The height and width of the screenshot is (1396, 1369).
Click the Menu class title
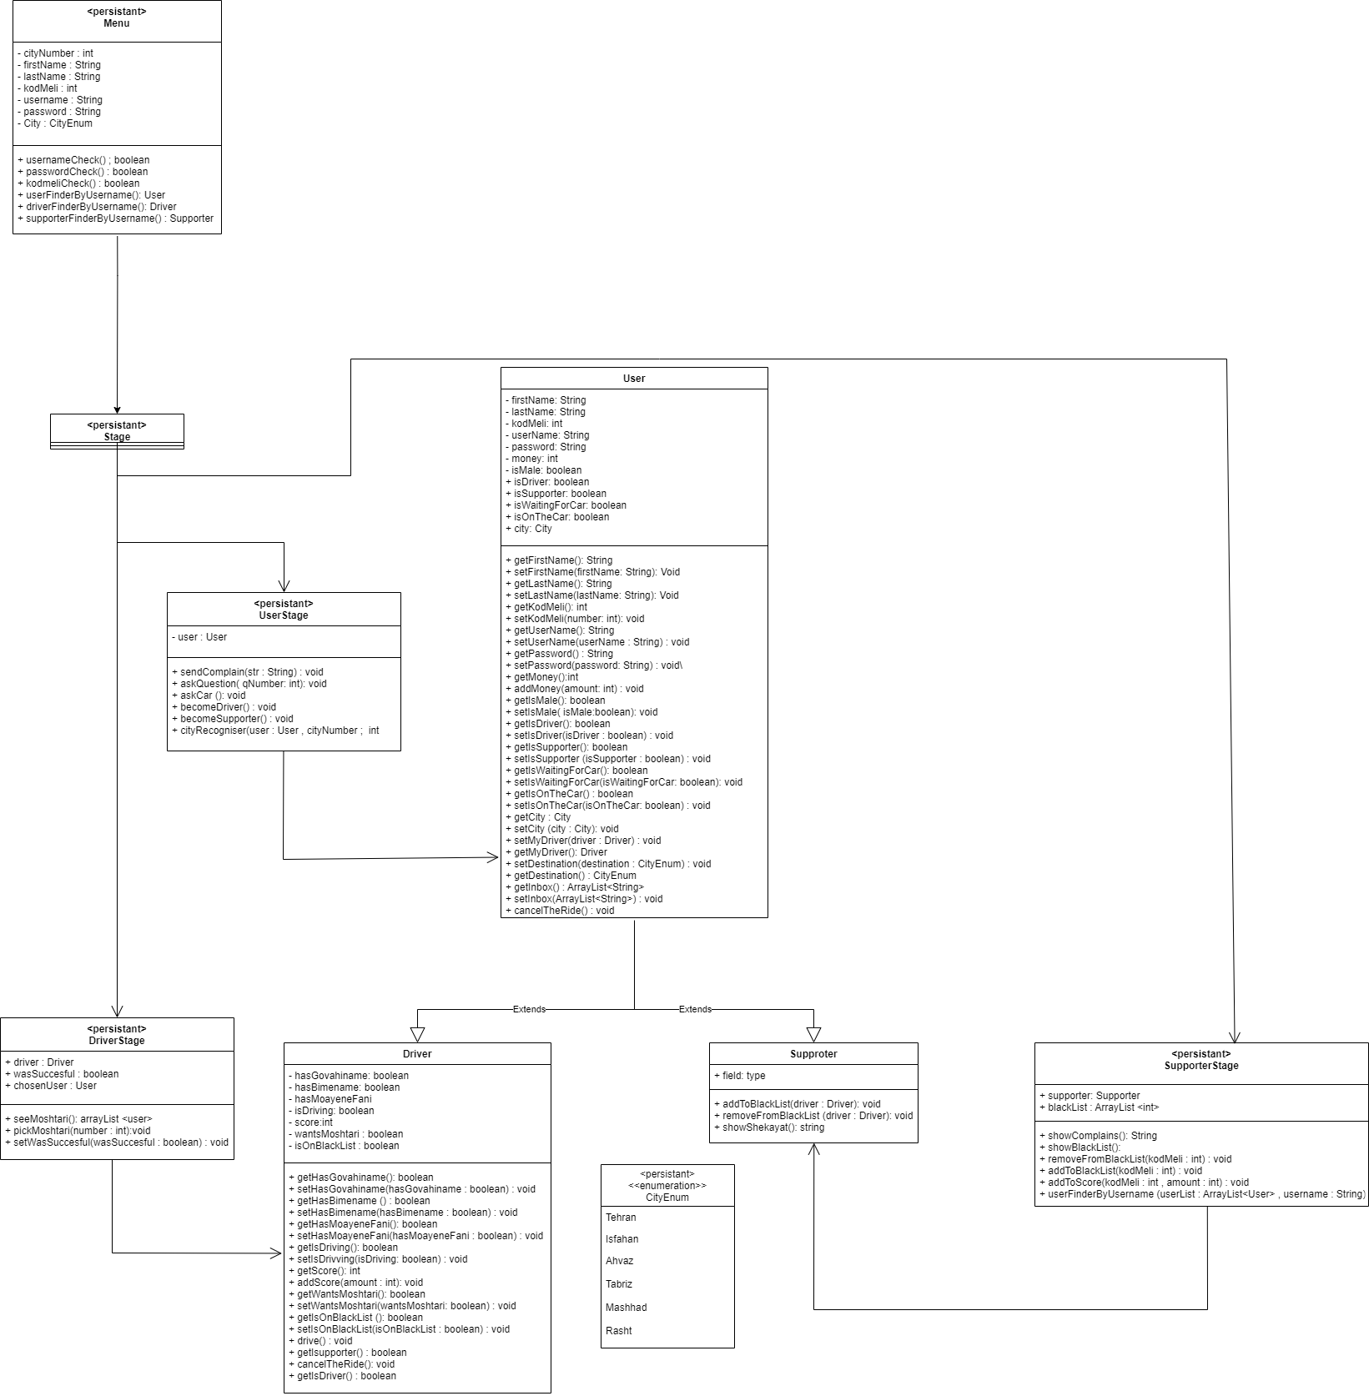click(x=117, y=23)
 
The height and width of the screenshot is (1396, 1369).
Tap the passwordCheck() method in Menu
click(x=83, y=172)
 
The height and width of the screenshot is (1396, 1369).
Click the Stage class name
click(x=117, y=437)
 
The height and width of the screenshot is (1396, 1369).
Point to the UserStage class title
click(x=284, y=615)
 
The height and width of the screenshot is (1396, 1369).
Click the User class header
click(x=634, y=379)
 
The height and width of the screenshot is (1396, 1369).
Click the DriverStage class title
click(x=117, y=1041)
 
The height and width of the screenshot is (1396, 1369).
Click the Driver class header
click(x=417, y=1054)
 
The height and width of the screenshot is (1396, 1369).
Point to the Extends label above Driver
click(x=529, y=1009)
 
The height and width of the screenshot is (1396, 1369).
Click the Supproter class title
click(x=813, y=1054)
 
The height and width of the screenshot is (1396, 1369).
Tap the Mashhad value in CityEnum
click(x=627, y=1308)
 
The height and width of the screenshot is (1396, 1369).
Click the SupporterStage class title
click(x=1201, y=1066)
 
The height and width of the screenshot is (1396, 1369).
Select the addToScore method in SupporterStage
click(x=1144, y=1183)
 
